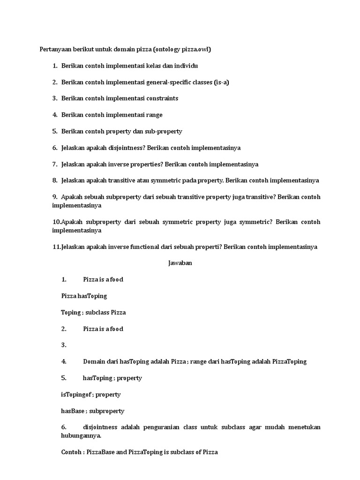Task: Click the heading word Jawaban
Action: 180,263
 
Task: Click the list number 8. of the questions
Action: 55,180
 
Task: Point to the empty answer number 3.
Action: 64,345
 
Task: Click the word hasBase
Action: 73,411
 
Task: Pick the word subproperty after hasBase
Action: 107,411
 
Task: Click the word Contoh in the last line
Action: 71,452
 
